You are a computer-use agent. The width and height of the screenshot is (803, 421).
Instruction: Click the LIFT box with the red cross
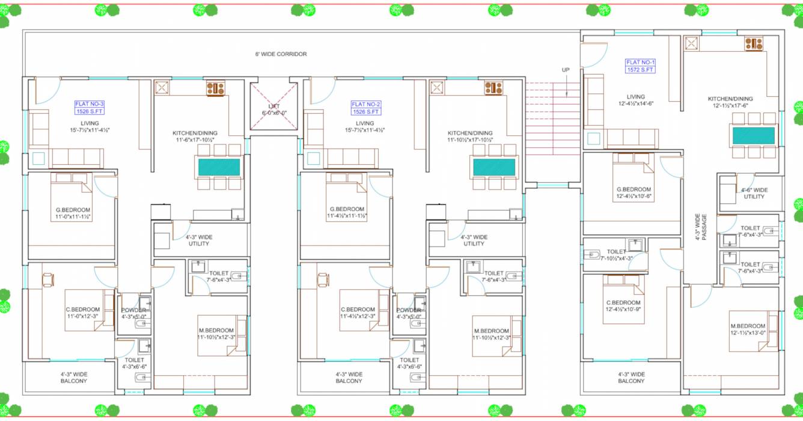click(x=274, y=105)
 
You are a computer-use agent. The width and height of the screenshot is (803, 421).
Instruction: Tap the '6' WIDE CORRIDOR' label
click(x=281, y=54)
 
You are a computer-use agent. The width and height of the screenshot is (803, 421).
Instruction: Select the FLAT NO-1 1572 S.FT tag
click(x=640, y=66)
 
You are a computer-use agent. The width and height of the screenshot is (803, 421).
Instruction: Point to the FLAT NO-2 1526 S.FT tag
click(x=365, y=108)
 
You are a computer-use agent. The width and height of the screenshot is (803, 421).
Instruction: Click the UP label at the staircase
click(x=566, y=70)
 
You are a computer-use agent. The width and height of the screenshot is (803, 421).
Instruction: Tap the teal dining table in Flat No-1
click(x=753, y=135)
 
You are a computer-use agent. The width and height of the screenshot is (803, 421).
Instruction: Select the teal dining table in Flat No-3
click(x=219, y=167)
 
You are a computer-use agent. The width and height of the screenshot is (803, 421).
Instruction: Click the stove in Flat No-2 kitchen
click(x=493, y=88)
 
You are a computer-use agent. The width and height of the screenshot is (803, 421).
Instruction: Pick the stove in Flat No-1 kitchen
click(x=754, y=43)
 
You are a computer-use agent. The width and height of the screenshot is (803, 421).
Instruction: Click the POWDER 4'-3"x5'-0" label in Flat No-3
click(x=133, y=313)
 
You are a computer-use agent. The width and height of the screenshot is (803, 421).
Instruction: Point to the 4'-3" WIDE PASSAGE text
click(x=701, y=227)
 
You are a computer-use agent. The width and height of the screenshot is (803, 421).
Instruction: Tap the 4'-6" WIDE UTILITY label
click(x=754, y=193)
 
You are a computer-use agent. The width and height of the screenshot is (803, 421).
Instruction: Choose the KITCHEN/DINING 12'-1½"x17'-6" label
click(x=730, y=102)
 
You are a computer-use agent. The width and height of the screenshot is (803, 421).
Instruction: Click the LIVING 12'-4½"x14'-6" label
click(x=635, y=100)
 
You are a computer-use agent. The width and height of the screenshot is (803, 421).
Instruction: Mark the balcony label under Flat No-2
click(x=349, y=378)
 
